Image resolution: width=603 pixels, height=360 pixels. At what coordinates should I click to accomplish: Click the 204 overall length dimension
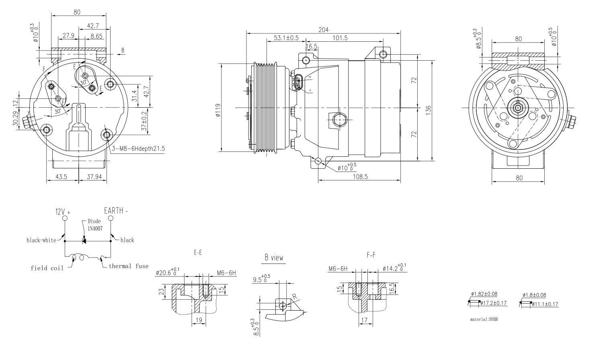(x=323, y=29)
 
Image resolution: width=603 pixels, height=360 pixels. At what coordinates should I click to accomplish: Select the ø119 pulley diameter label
(x=217, y=110)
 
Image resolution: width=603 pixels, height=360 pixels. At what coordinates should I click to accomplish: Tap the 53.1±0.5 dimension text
(x=286, y=38)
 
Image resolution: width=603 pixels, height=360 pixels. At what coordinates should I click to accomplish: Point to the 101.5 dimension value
(x=340, y=38)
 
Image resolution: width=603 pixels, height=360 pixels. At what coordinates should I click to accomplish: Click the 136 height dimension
(x=428, y=110)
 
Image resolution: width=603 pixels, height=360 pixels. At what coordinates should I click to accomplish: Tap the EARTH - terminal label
(x=116, y=210)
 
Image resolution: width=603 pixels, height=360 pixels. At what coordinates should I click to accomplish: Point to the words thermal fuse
(x=128, y=266)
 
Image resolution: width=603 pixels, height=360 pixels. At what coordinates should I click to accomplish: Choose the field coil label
(x=47, y=268)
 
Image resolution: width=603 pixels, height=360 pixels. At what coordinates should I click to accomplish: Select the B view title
(x=274, y=258)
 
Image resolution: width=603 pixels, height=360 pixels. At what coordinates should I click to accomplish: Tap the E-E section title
(x=197, y=253)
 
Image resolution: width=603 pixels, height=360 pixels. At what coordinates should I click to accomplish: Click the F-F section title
(x=371, y=255)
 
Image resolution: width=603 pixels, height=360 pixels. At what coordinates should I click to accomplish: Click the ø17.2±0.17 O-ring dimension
(x=494, y=303)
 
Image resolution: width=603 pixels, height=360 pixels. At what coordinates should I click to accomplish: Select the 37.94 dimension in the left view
(x=93, y=176)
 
